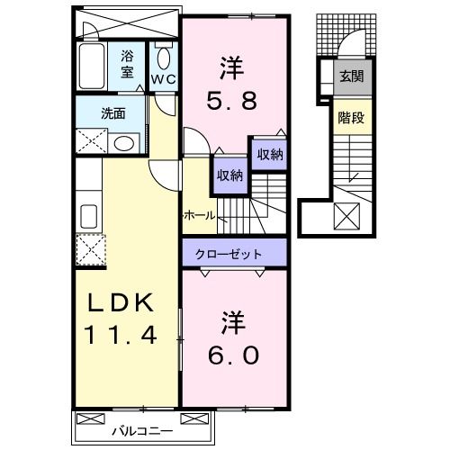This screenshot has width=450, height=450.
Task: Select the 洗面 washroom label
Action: point(112,114)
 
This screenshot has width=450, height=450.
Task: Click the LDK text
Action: point(121,303)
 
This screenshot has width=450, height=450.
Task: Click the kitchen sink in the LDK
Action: point(89,216)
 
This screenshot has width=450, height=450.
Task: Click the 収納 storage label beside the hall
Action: point(228,175)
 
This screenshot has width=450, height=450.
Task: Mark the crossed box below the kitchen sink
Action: point(92,248)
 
